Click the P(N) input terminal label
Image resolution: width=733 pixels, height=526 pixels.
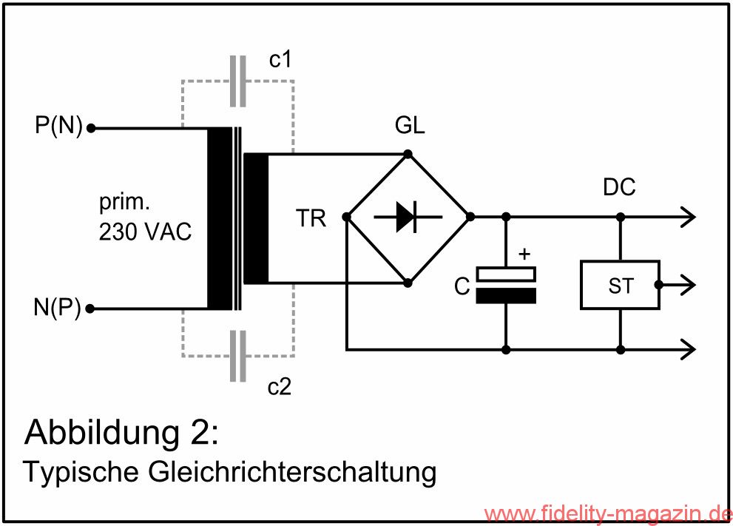[x=58, y=127]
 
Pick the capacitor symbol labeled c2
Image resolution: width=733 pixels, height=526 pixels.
[x=237, y=356]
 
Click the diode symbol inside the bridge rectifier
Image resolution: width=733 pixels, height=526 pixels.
[x=408, y=217]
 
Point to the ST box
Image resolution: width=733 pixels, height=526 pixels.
[x=620, y=285]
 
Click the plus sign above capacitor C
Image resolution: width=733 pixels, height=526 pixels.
[x=524, y=255]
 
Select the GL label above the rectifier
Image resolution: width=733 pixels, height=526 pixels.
[x=411, y=126]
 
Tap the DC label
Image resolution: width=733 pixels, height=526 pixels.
[x=619, y=188]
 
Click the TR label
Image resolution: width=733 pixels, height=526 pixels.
[x=311, y=219]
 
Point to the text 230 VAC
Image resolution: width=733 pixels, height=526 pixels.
[x=145, y=232]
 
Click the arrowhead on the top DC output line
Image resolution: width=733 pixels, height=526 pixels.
[x=686, y=217]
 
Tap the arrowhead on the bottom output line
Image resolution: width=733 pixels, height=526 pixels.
[x=686, y=348]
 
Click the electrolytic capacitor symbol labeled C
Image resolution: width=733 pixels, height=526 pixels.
[x=506, y=285]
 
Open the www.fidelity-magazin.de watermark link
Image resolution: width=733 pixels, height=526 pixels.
[x=607, y=513]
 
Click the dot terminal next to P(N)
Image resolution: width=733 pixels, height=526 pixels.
[x=92, y=128]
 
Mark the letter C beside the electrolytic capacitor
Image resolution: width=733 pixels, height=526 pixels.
[x=462, y=286]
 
